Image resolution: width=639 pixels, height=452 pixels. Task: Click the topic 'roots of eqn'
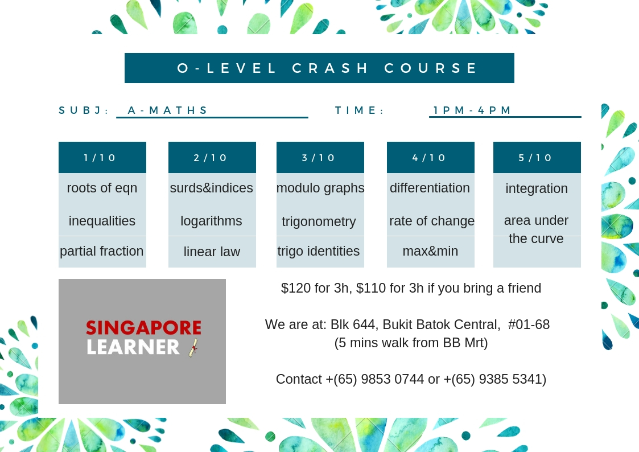[x=102, y=188]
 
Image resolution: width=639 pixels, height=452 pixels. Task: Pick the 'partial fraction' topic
[x=101, y=251]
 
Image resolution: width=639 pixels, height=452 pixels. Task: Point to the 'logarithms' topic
[x=211, y=221]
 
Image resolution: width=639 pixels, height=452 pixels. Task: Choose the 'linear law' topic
[x=212, y=252]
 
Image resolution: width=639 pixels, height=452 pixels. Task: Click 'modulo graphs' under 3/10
[x=320, y=188]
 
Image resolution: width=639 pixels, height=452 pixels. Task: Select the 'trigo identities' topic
[x=318, y=251]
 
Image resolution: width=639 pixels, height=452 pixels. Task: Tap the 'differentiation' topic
[x=430, y=188]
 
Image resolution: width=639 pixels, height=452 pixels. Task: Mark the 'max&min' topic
[x=430, y=251]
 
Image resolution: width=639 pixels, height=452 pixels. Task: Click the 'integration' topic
[x=537, y=188]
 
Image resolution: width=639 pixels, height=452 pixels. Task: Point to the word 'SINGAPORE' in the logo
[x=143, y=328]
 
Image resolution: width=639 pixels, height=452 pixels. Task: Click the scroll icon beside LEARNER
[x=193, y=348]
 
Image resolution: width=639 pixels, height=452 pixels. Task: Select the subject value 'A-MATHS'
[x=167, y=110]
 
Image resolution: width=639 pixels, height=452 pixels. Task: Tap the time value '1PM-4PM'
[x=472, y=110]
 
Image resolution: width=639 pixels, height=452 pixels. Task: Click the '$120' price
[x=296, y=288]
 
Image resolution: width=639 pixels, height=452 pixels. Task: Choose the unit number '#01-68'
[x=529, y=324]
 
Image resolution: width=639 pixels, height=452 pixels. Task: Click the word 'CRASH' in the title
[x=329, y=68]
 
